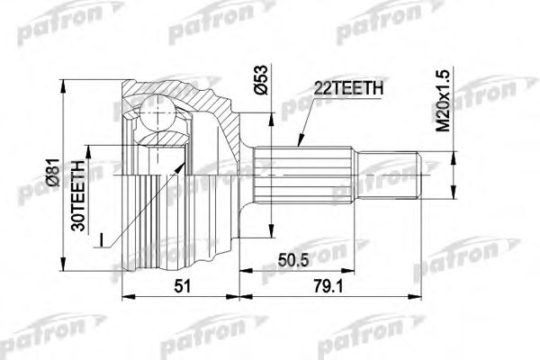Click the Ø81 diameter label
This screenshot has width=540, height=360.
click(x=53, y=179)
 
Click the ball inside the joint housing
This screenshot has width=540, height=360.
click(x=160, y=116)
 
